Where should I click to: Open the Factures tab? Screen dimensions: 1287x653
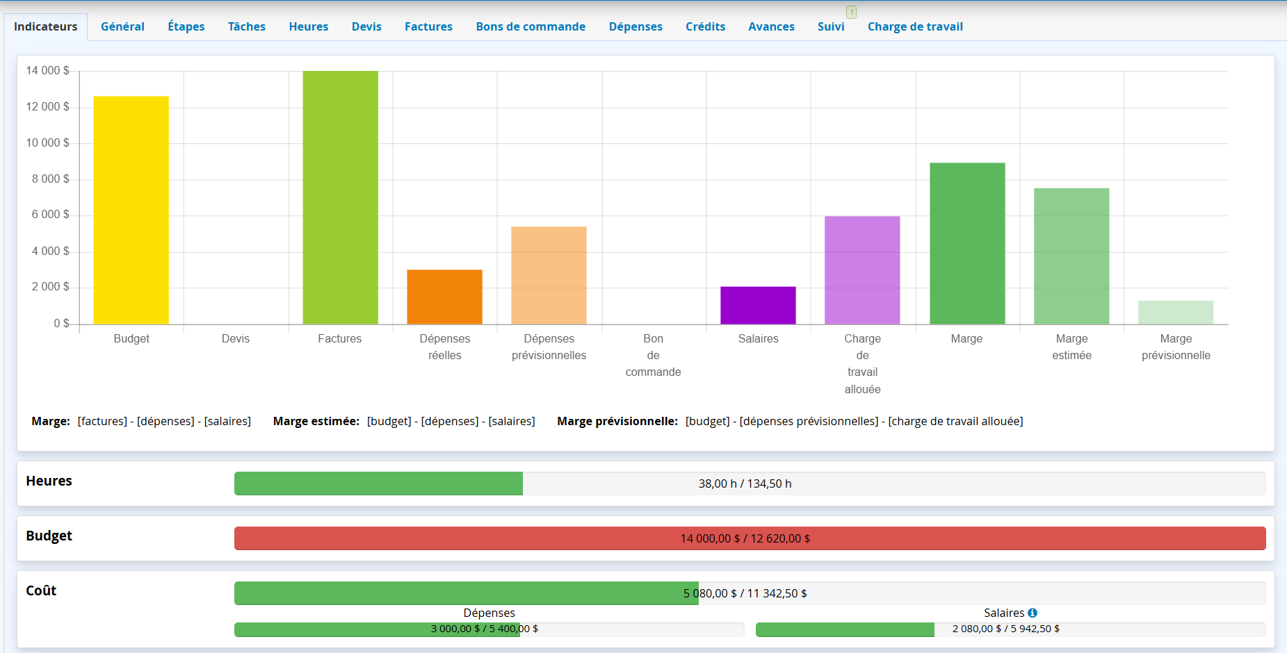click(x=428, y=26)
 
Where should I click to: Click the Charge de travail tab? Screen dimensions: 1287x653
click(x=915, y=26)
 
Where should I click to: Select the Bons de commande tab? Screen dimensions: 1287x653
click(x=531, y=26)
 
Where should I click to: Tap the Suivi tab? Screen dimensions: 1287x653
click(x=831, y=26)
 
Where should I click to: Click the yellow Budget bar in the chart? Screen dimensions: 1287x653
click(x=131, y=210)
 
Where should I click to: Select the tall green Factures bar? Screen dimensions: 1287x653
click(x=341, y=197)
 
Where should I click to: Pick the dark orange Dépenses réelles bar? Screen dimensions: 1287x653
click(x=445, y=297)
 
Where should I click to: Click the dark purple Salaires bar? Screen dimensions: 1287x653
click(x=758, y=305)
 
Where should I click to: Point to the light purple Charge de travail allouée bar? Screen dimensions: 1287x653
click(x=862, y=270)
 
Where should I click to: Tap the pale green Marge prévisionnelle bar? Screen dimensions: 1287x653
click(x=1176, y=313)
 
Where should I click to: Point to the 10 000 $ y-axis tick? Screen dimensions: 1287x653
click(x=48, y=142)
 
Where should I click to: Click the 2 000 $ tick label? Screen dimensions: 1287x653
click(x=50, y=286)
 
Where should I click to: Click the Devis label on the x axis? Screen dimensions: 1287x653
click(x=236, y=338)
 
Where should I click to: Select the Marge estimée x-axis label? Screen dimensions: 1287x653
click(x=1071, y=347)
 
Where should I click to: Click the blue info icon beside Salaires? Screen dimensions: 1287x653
click(x=1033, y=613)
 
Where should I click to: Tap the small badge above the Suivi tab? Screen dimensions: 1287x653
click(x=851, y=12)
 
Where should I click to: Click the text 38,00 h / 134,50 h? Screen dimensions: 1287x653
click(x=745, y=483)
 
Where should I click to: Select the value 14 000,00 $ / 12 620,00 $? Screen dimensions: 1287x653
click(x=745, y=538)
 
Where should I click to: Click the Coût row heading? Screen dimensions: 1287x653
click(x=41, y=590)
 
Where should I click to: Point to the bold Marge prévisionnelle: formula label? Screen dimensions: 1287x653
click(x=617, y=421)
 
